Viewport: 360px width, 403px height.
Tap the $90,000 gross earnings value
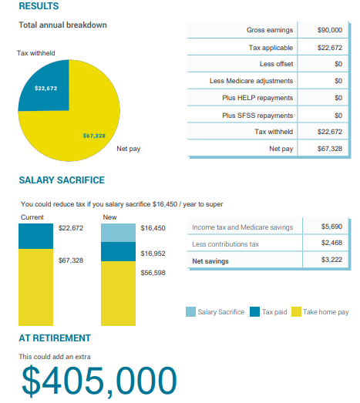tap(330, 30)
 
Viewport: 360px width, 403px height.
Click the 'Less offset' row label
tap(276, 64)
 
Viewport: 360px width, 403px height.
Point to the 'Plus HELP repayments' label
tap(257, 98)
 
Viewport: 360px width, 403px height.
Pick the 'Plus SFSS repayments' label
tap(257, 116)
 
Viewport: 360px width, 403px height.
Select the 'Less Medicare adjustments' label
tap(251, 81)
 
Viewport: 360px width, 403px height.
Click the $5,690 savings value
tap(331, 227)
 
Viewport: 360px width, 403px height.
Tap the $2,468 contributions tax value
tap(331, 243)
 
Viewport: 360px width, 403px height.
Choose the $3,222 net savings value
tap(331, 260)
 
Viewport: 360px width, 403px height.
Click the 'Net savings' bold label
tap(210, 261)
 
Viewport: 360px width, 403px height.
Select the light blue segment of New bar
tap(118, 233)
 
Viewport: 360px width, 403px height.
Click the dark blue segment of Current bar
tap(35, 237)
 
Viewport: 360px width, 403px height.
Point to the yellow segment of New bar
tap(118, 294)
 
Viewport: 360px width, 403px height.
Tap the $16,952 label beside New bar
tap(153, 254)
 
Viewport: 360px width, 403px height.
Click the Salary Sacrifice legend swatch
tap(190, 312)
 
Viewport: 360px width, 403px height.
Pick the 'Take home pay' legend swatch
tap(296, 312)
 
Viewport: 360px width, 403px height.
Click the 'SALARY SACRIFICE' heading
tap(62, 180)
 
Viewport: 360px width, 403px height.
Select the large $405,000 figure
tap(99, 381)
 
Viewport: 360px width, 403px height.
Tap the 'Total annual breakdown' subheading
tap(62, 25)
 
